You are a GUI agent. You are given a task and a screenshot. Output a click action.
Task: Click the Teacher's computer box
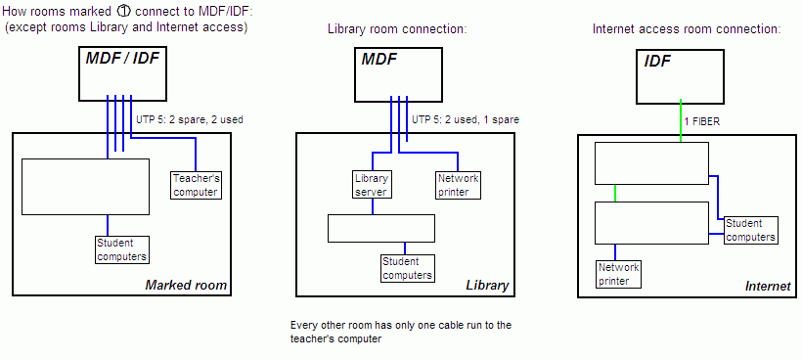pos(195,185)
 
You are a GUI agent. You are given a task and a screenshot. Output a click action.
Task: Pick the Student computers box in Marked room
pos(122,249)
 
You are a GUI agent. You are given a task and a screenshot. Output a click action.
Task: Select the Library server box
pos(372,185)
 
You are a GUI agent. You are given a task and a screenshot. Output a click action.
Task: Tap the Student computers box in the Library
pos(407,268)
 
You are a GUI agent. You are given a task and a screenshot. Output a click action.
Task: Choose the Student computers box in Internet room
pos(751,230)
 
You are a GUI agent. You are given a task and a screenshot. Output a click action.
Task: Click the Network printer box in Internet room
pos(618,273)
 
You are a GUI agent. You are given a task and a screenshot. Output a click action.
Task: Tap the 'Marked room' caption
pos(186,286)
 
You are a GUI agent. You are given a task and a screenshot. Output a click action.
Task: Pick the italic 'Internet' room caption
pos(767,286)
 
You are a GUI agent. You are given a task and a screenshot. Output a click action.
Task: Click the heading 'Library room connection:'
pos(397,29)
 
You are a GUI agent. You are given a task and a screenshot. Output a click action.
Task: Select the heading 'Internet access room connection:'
pos(687,29)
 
